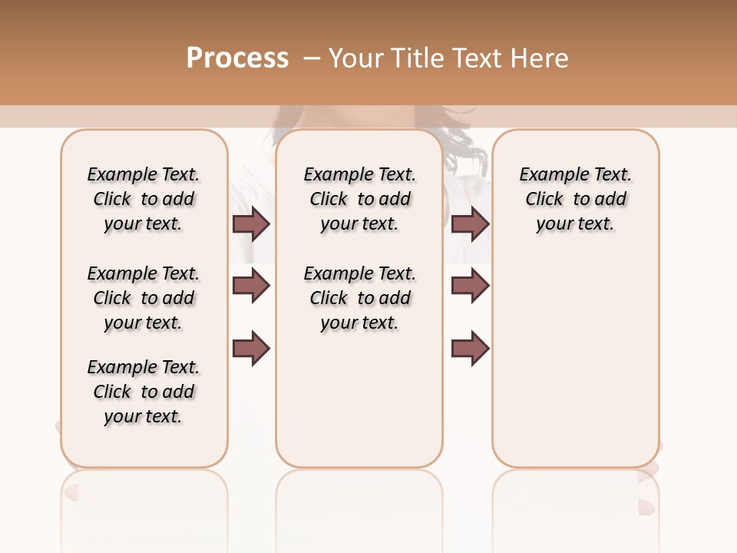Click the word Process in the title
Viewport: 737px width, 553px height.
click(x=237, y=58)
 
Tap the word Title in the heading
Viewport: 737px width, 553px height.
click(x=417, y=58)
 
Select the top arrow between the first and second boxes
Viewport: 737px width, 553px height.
click(x=251, y=224)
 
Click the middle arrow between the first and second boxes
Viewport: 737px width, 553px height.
click(x=251, y=286)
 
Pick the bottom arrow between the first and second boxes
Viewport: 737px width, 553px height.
click(x=251, y=349)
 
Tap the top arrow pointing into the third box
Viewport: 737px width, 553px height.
click(x=470, y=224)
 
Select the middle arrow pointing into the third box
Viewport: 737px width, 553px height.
click(x=470, y=286)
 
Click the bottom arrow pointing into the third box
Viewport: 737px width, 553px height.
click(x=470, y=349)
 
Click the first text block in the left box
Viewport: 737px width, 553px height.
click(x=144, y=199)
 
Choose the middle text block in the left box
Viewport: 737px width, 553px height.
click(x=144, y=298)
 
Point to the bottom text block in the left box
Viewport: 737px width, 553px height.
click(x=144, y=392)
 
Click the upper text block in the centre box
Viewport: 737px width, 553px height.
click(x=359, y=199)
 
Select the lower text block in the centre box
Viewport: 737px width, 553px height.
click(x=359, y=298)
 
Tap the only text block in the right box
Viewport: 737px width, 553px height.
click(x=575, y=199)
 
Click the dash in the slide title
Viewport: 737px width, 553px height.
click(x=312, y=57)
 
